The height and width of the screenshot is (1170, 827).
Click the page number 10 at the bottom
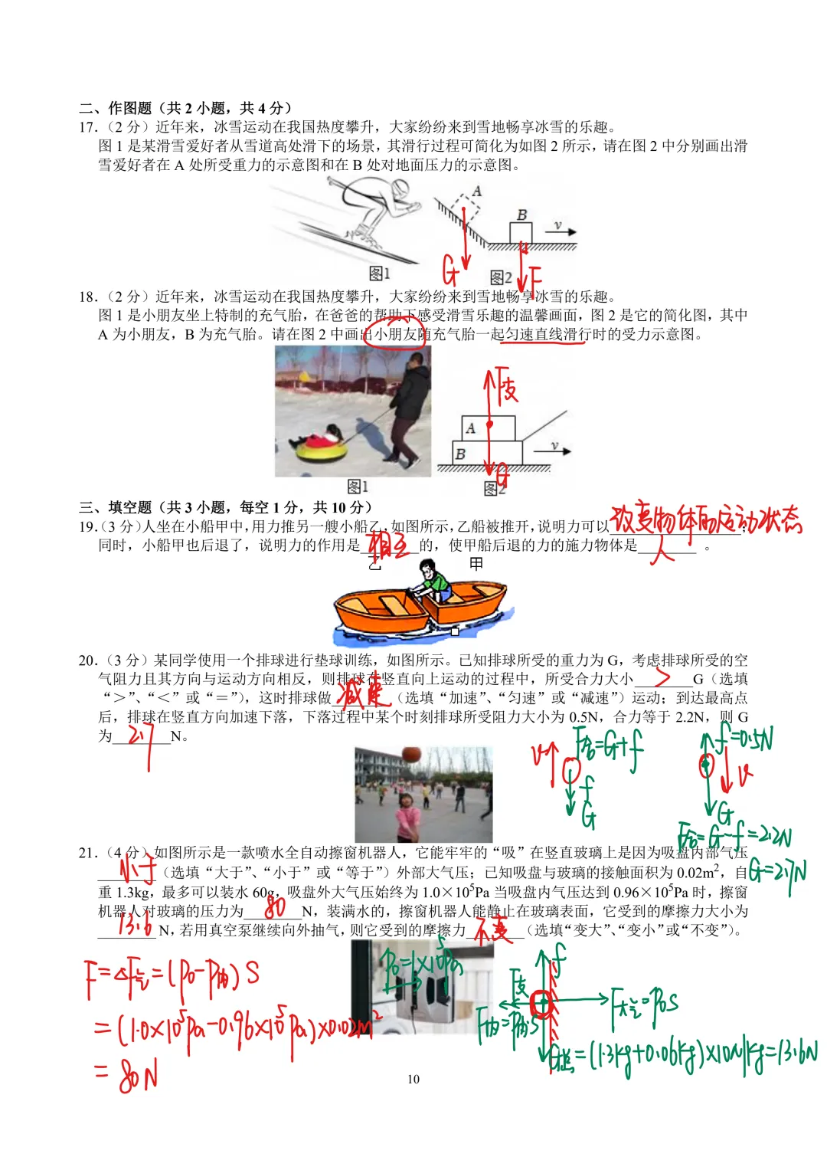tap(413, 1079)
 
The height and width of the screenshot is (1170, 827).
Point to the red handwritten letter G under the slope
tap(450, 270)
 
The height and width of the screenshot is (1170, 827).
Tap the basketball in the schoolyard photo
tap(411, 755)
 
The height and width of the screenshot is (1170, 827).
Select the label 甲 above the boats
tap(476, 564)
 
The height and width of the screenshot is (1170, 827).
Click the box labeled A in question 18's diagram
tap(488, 428)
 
